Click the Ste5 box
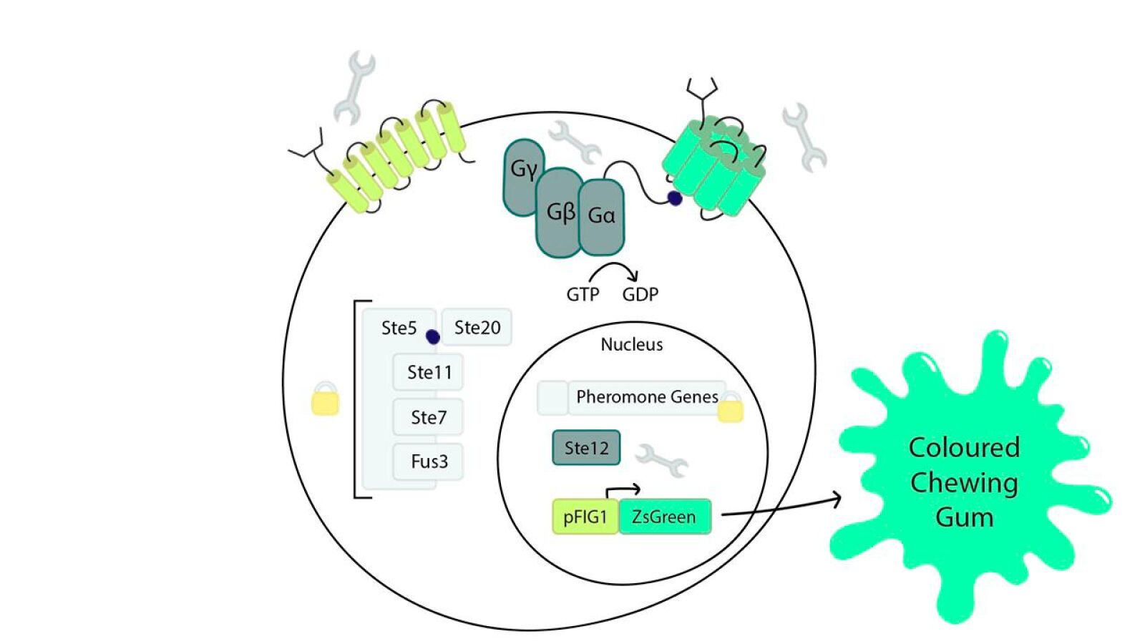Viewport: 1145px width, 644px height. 398,328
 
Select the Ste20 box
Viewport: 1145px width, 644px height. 477,328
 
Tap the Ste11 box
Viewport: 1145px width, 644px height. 429,372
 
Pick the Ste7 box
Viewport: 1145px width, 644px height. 428,417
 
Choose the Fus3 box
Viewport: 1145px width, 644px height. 429,462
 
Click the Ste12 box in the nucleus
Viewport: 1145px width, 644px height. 586,448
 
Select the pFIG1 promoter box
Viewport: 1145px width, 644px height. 585,517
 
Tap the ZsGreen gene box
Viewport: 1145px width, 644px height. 664,517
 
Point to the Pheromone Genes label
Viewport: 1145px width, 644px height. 646,397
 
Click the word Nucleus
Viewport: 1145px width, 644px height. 631,345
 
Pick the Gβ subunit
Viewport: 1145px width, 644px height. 560,213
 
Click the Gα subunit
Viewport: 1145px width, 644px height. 601,216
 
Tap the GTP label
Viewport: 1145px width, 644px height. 583,295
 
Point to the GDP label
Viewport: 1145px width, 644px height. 640,295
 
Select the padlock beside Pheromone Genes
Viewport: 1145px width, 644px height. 731,408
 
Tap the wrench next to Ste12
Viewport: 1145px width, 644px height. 662,460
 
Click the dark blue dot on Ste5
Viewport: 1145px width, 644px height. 433,336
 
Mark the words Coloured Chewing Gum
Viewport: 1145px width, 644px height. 964,482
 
